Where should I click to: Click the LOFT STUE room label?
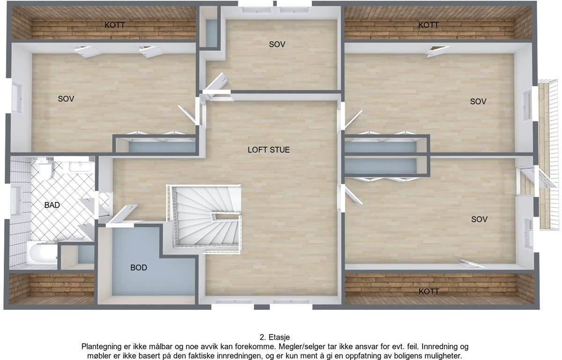click(268, 150)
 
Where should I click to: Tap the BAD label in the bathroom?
click(52, 205)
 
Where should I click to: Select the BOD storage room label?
click(139, 268)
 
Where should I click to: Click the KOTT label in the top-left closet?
click(115, 25)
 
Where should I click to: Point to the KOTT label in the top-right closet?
click(429, 25)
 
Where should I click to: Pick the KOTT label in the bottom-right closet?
click(429, 292)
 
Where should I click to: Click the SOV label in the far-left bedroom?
click(66, 99)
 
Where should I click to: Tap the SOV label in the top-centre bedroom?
click(277, 45)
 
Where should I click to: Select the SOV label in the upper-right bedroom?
click(478, 101)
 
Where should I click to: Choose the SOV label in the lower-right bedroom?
click(480, 219)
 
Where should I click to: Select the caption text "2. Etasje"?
click(275, 337)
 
